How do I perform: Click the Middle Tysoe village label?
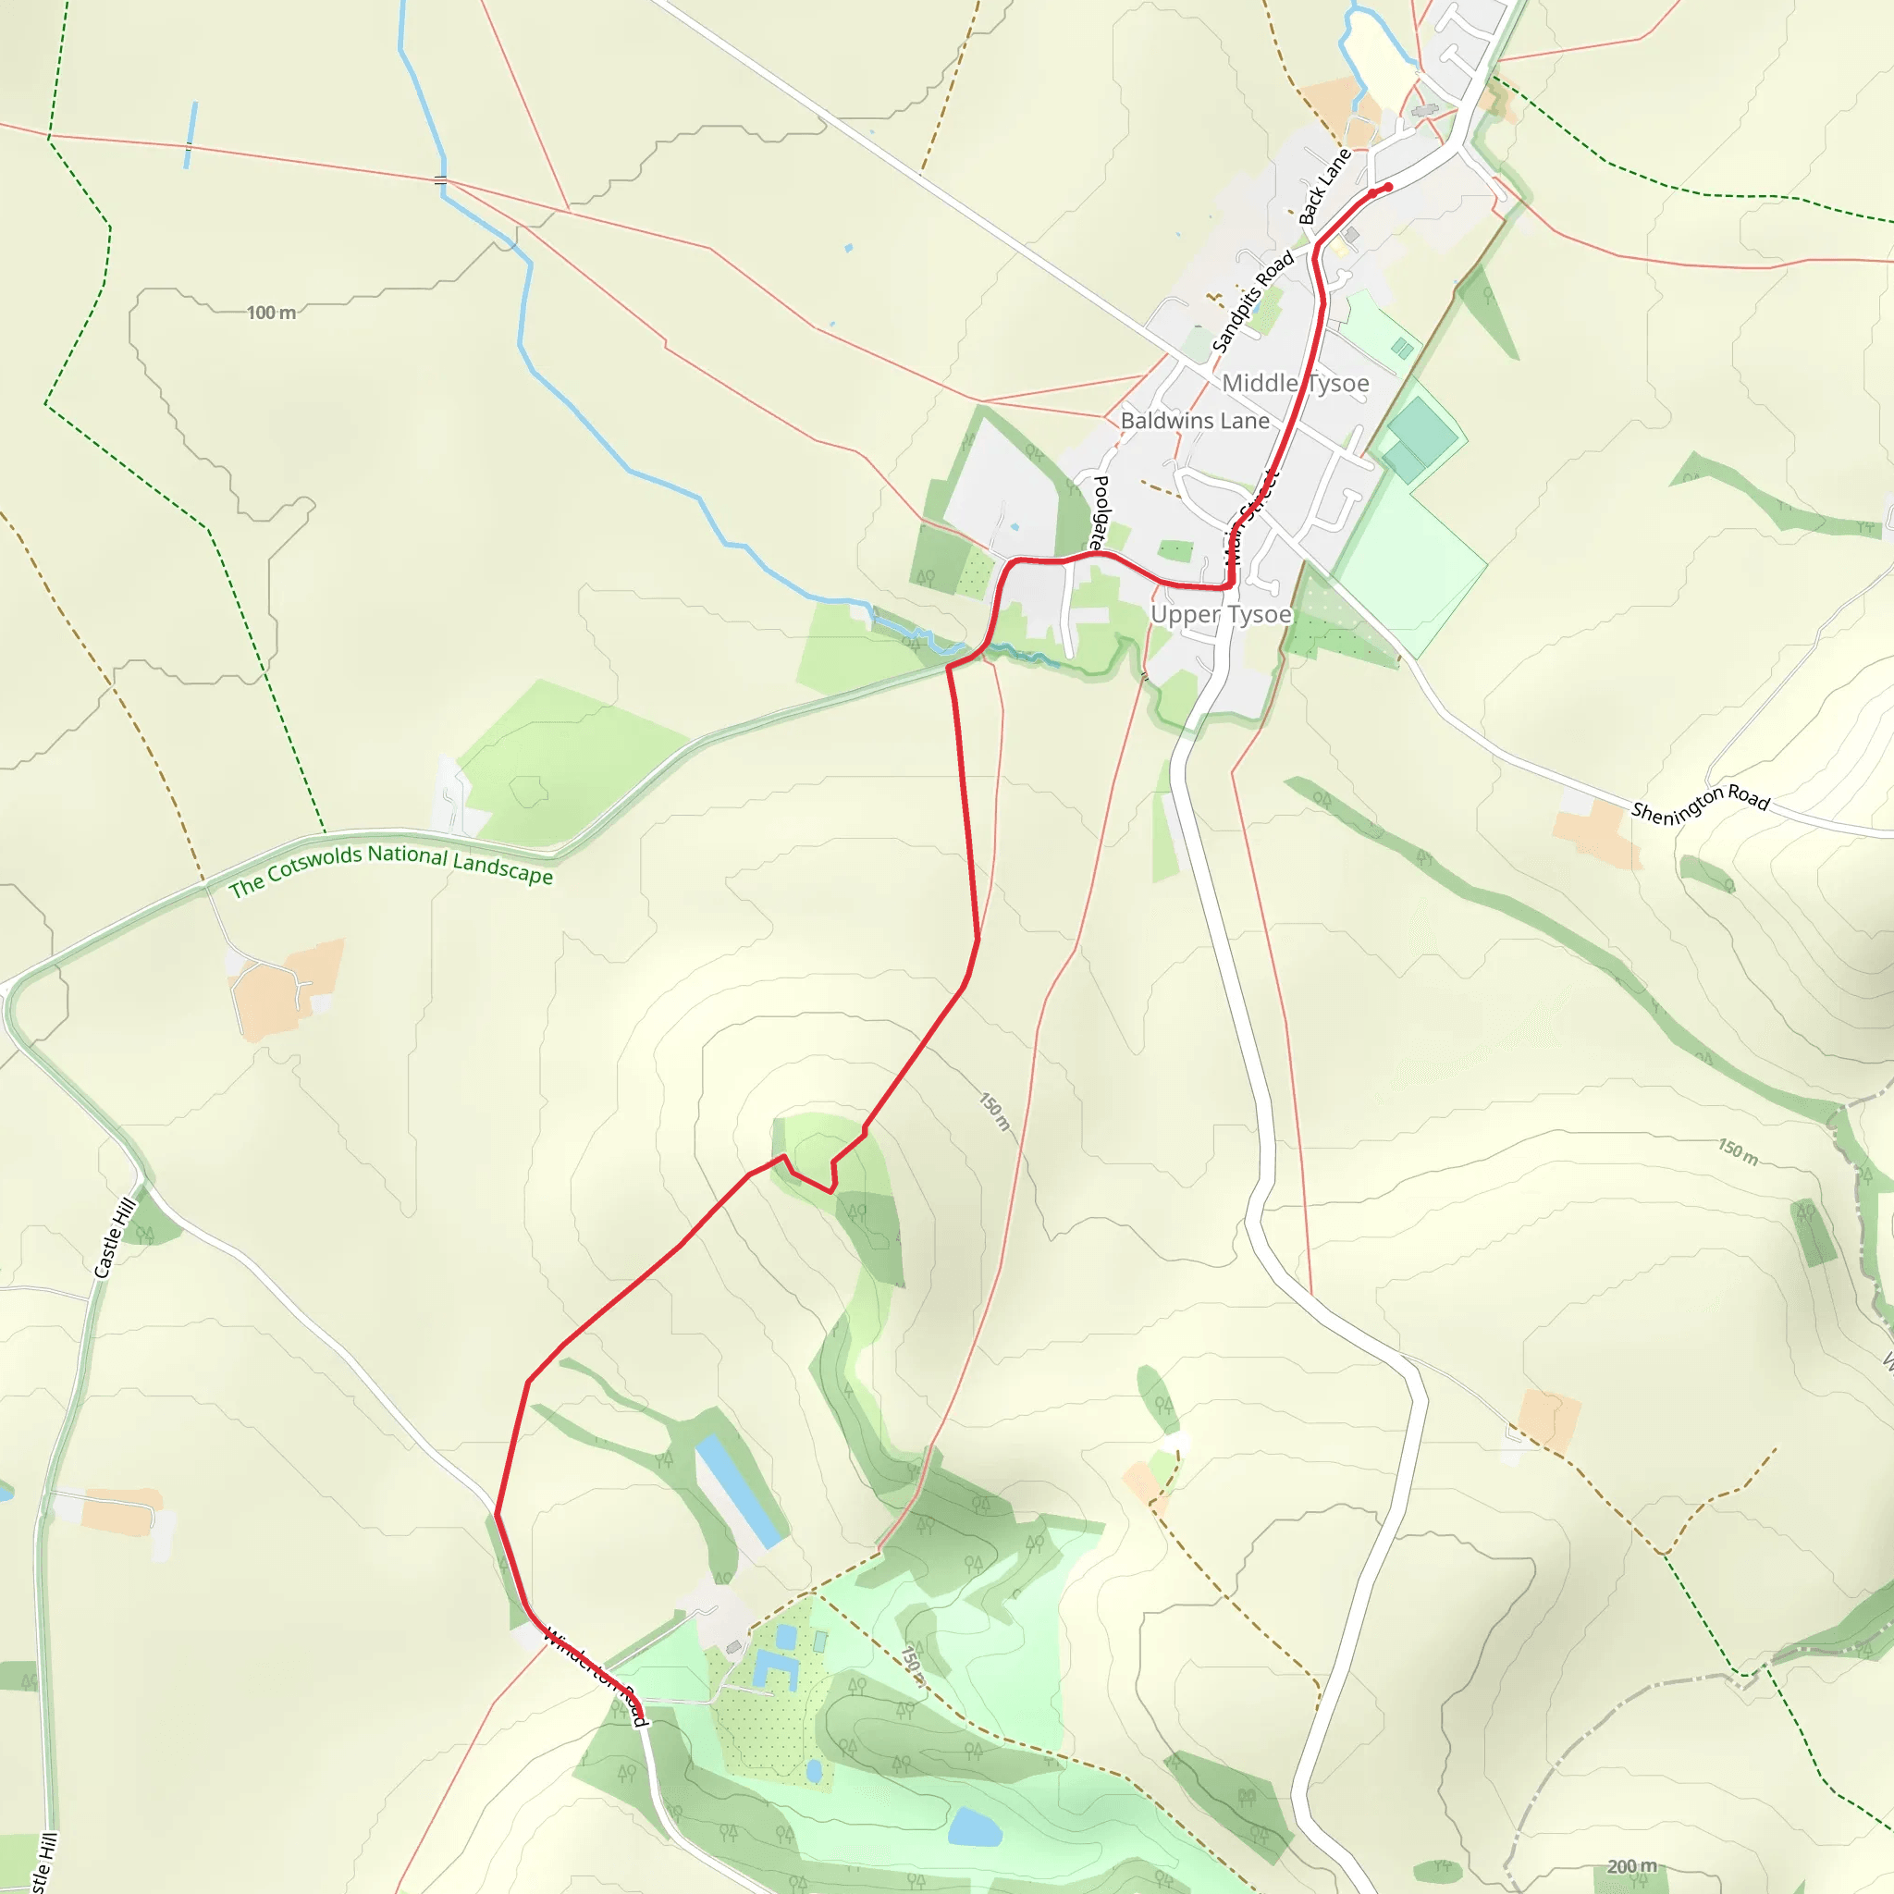click(1294, 383)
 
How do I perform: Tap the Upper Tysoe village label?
click(1221, 615)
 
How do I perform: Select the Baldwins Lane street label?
click(1194, 421)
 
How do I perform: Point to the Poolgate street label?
click(1099, 511)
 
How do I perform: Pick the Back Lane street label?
click(1324, 187)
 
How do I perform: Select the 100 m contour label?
click(271, 313)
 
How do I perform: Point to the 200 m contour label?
click(1631, 1866)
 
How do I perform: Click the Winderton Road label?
click(595, 1677)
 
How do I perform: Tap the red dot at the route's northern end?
click(1388, 187)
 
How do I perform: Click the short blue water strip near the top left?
click(191, 134)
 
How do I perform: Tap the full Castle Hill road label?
click(114, 1238)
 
